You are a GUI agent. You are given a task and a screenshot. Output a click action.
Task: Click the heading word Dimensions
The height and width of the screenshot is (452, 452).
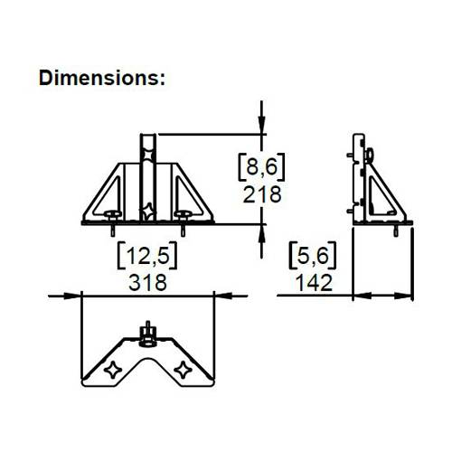click(102, 78)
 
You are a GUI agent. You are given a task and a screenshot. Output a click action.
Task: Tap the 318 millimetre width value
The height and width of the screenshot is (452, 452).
click(148, 282)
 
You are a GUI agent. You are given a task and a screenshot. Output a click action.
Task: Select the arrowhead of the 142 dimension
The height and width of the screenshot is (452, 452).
click(358, 294)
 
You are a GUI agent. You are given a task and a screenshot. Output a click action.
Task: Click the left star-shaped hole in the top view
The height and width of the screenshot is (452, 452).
click(114, 369)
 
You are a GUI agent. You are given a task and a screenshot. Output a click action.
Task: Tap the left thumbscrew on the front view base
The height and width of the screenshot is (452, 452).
click(112, 214)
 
